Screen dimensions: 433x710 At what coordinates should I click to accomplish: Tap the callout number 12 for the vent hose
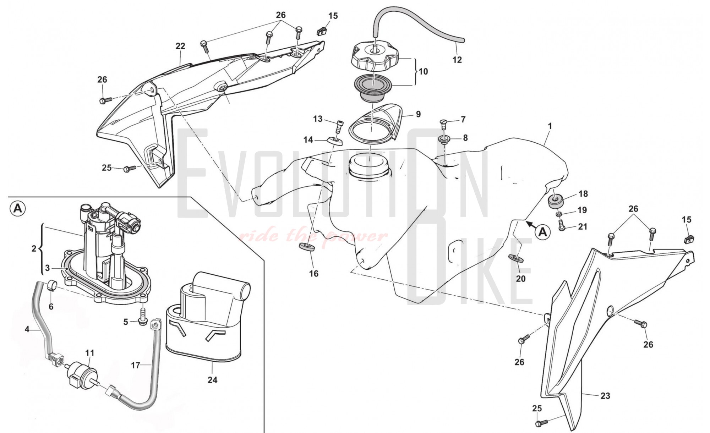[457, 60]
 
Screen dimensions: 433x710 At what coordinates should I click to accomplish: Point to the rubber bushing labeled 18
[556, 201]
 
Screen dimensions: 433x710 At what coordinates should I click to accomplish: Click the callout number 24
[212, 380]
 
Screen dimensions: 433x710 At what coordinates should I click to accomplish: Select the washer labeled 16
[307, 247]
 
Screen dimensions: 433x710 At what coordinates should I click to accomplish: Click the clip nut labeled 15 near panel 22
[321, 31]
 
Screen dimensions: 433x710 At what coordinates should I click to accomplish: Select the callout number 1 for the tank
[550, 126]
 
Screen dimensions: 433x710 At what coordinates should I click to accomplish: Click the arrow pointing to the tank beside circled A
[531, 224]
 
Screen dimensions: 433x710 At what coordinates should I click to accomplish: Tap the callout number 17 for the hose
[136, 365]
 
